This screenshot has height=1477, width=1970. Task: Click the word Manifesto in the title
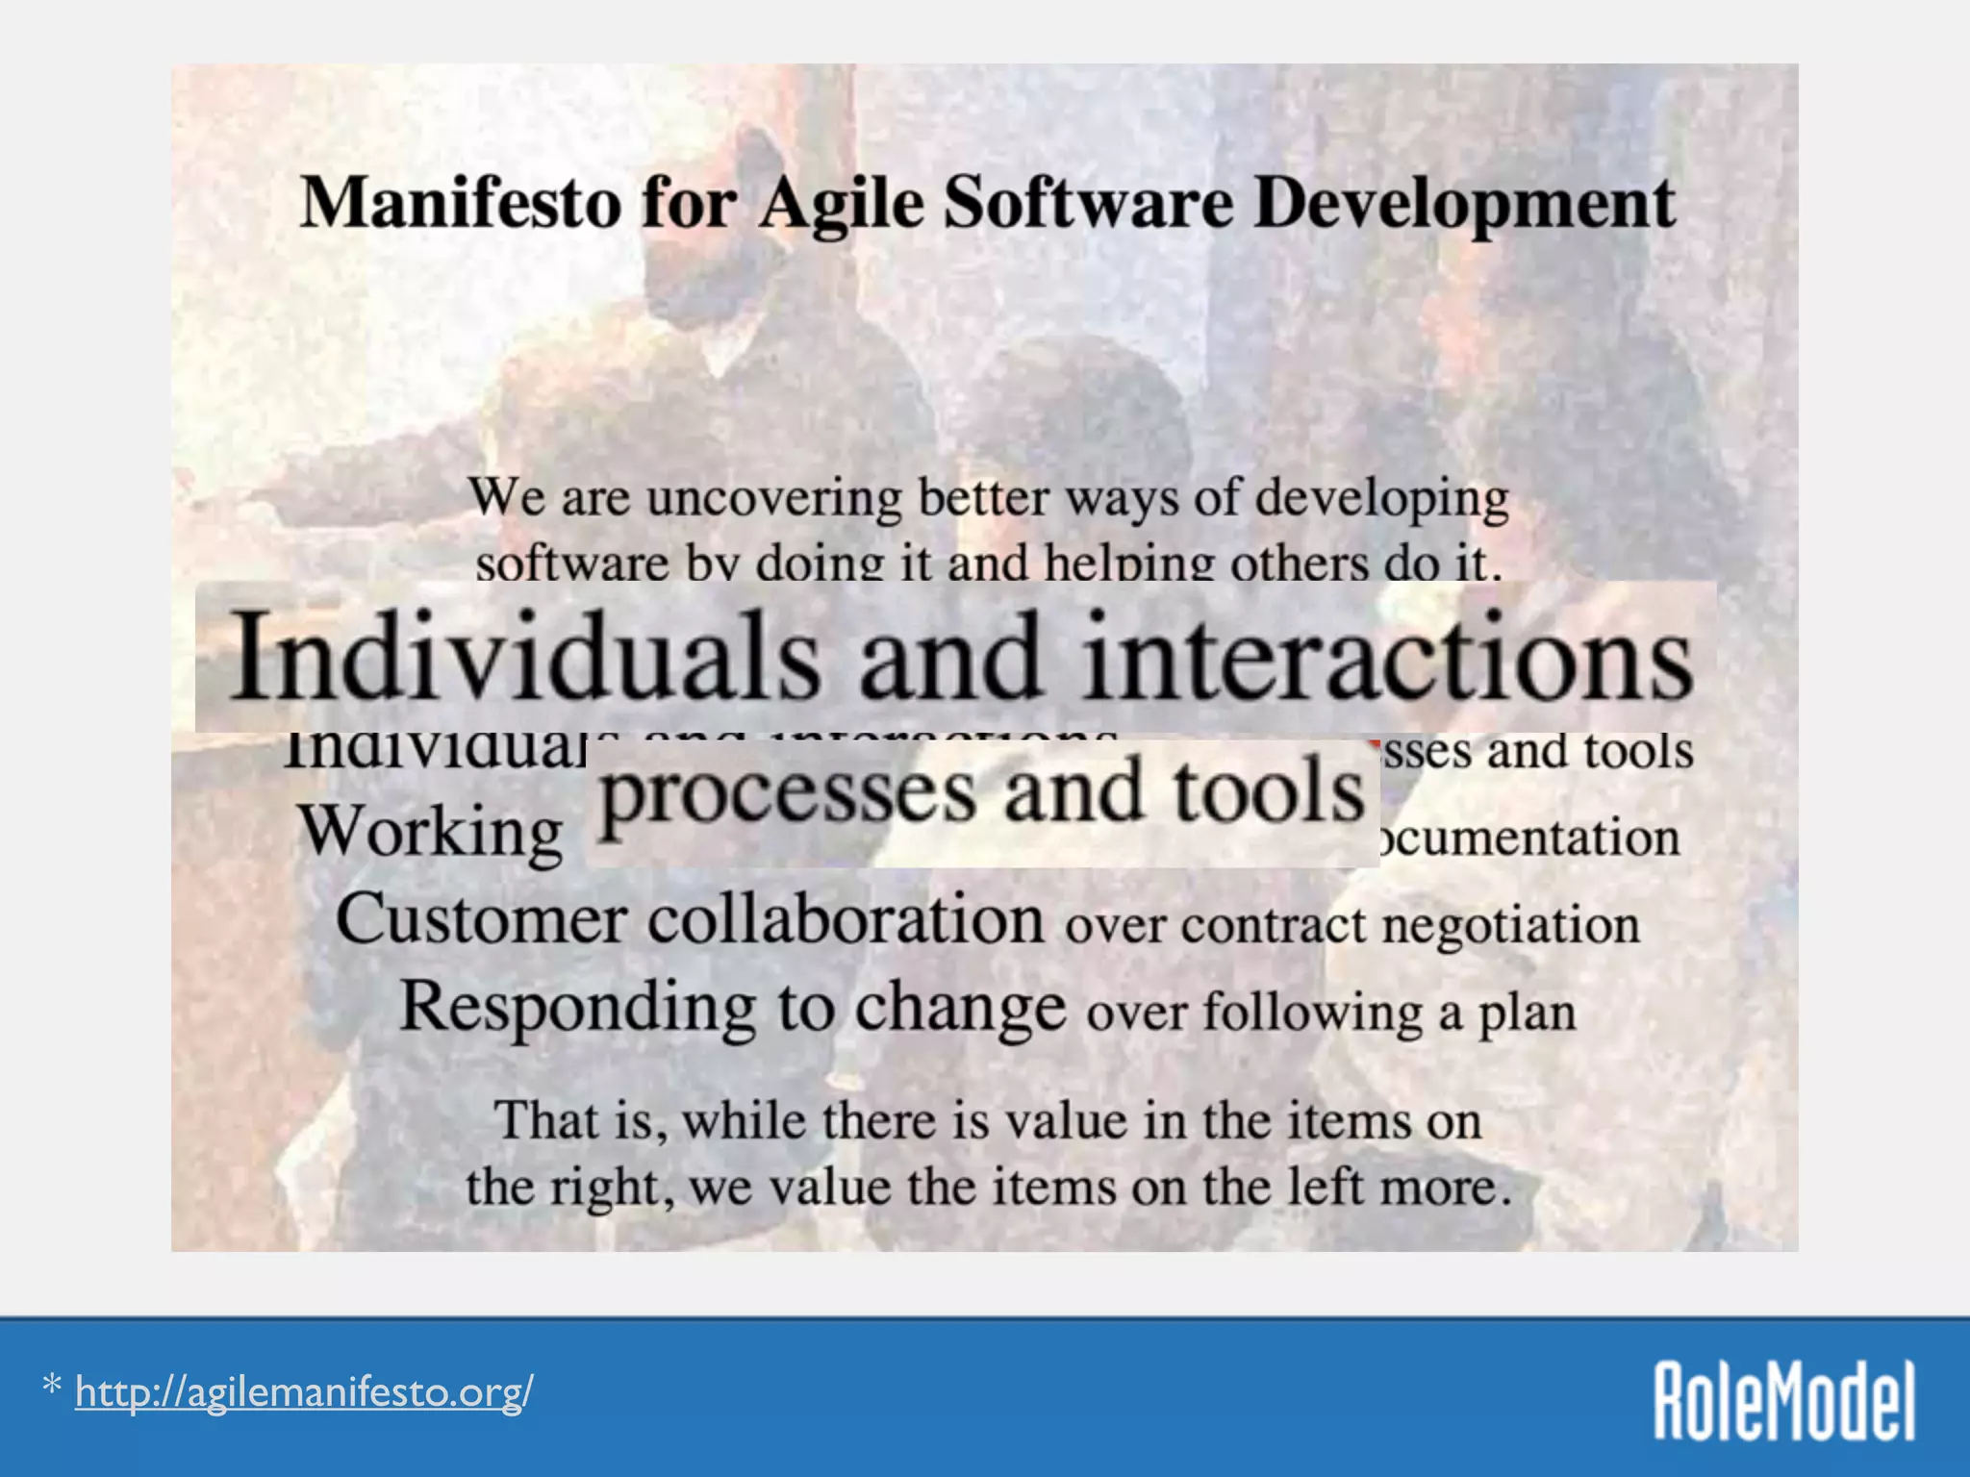[x=460, y=204]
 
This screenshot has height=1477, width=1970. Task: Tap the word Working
[x=430, y=832]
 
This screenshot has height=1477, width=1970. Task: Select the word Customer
[x=481, y=919]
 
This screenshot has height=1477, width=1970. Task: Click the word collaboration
[x=846, y=919]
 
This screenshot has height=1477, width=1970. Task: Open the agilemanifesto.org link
[x=304, y=1391]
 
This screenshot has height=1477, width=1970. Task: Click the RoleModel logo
[x=1783, y=1401]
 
